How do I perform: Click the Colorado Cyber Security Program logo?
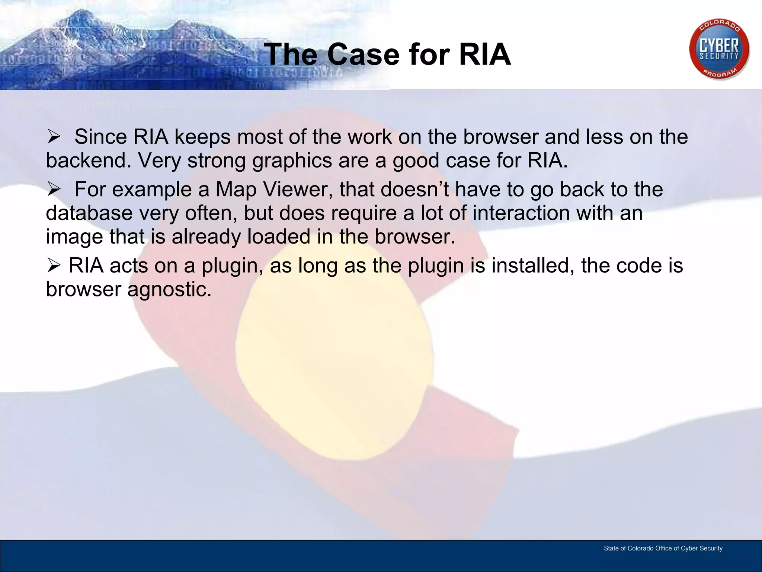click(719, 49)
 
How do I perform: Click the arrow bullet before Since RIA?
click(54, 137)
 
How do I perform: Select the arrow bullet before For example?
click(54, 190)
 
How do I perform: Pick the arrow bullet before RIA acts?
click(54, 266)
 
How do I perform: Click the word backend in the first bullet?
click(88, 161)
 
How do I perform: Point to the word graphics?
click(292, 161)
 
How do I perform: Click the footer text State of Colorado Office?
click(663, 548)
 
